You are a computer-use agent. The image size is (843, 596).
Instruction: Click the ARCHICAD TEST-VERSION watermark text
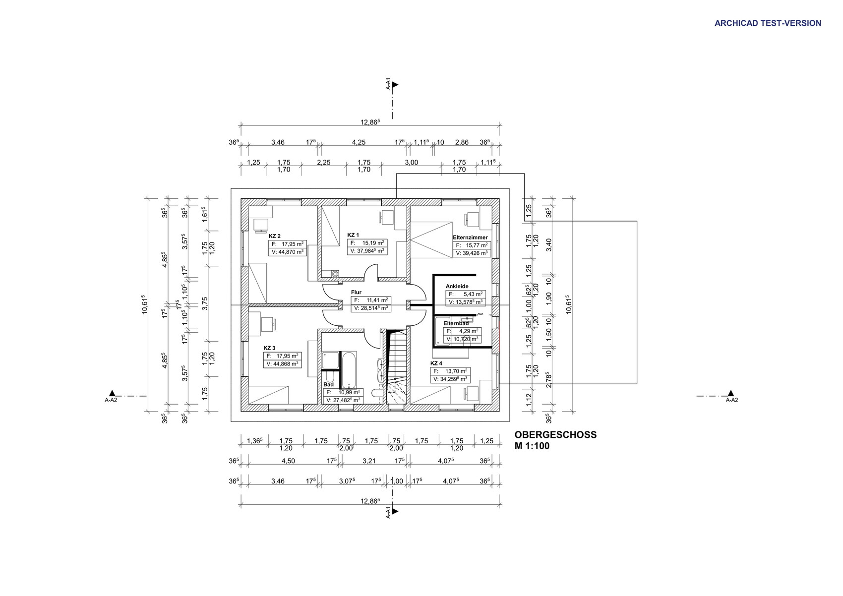[768, 23]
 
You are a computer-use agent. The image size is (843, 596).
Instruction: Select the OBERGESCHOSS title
[555, 434]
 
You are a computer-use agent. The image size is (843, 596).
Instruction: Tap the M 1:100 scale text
[532, 446]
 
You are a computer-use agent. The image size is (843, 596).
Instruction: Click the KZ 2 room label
[274, 236]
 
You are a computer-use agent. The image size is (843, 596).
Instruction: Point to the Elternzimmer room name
[470, 238]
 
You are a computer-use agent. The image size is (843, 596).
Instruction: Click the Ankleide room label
[457, 286]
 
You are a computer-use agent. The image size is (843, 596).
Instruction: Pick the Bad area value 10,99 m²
[349, 392]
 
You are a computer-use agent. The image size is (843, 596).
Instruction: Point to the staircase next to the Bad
[397, 366]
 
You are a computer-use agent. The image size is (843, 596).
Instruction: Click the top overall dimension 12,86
[370, 122]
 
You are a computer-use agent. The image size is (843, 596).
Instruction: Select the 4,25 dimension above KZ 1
[359, 142]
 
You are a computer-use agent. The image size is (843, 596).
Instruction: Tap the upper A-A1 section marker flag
[395, 85]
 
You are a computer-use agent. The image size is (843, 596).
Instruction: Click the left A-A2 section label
[111, 400]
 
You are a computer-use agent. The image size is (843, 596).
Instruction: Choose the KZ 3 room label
[269, 348]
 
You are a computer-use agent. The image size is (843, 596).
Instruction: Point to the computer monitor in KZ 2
[260, 226]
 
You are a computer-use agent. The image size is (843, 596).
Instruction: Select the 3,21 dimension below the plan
[369, 461]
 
